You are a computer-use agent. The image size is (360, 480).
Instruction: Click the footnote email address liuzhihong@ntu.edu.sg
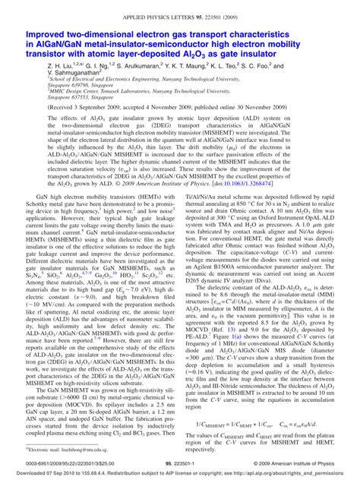(65, 450)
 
